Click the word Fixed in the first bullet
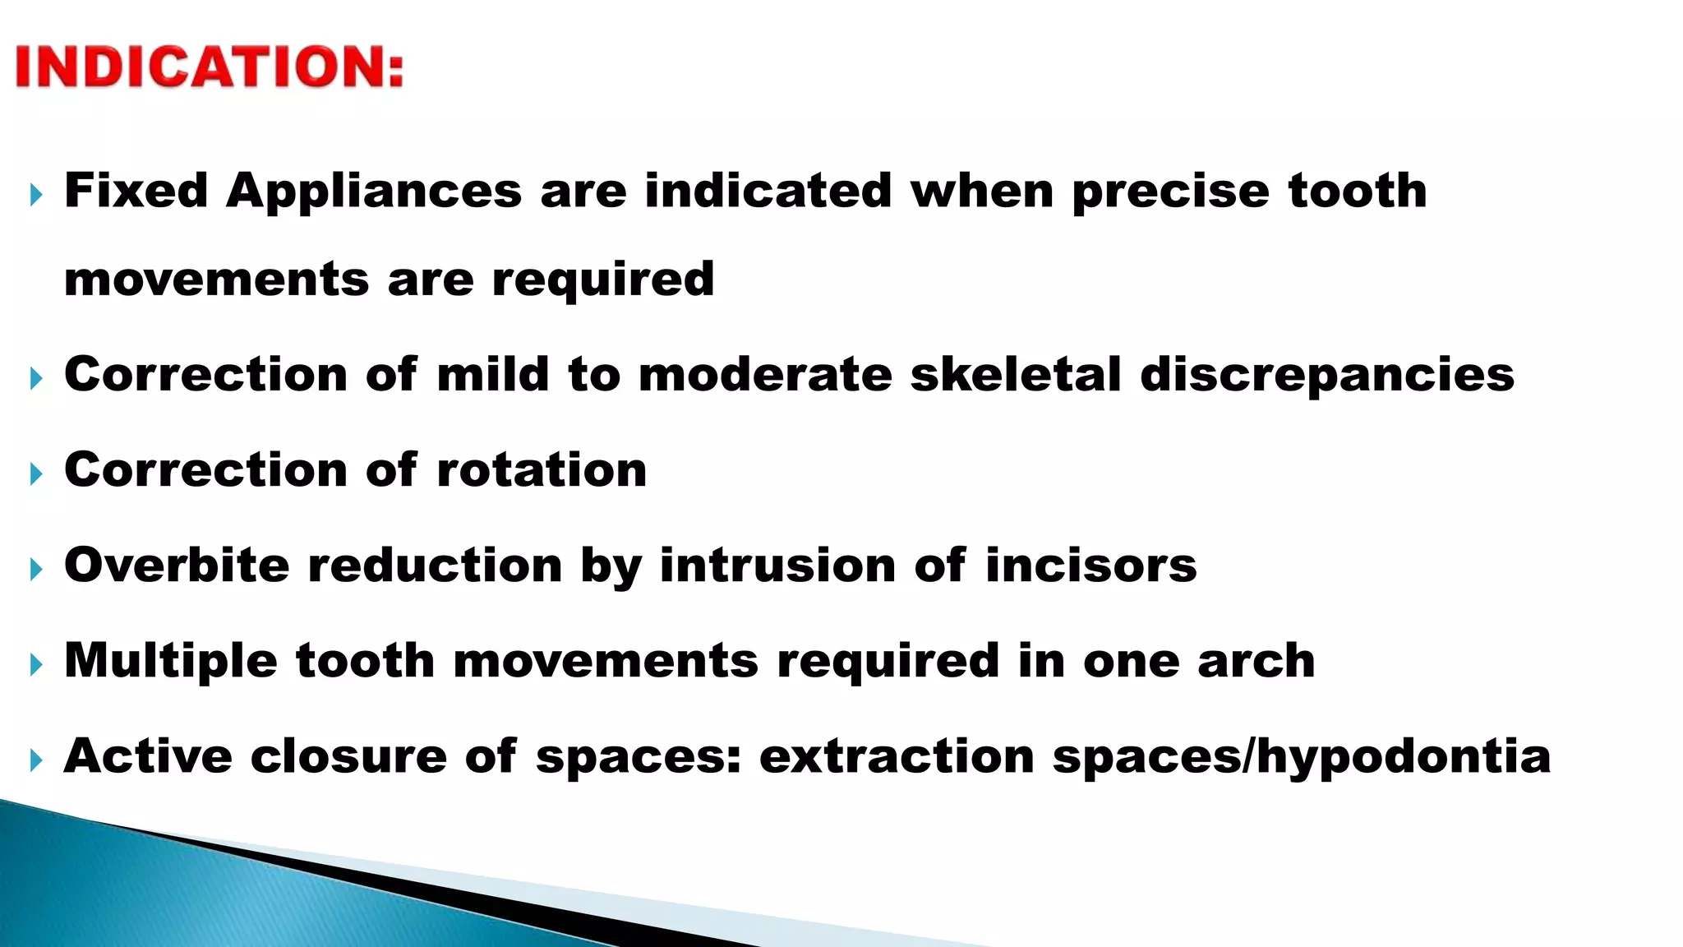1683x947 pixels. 136,191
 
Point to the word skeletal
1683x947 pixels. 1016,375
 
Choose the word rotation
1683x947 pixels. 542,470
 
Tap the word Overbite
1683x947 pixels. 177,566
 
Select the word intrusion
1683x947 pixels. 777,566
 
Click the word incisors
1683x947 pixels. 1090,566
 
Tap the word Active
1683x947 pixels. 148,756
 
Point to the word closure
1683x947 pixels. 348,756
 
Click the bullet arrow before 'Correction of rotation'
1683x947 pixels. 35,473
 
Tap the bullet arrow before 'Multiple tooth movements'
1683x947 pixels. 35,664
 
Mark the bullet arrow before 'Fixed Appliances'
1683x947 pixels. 35,195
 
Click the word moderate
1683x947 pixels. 765,375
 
